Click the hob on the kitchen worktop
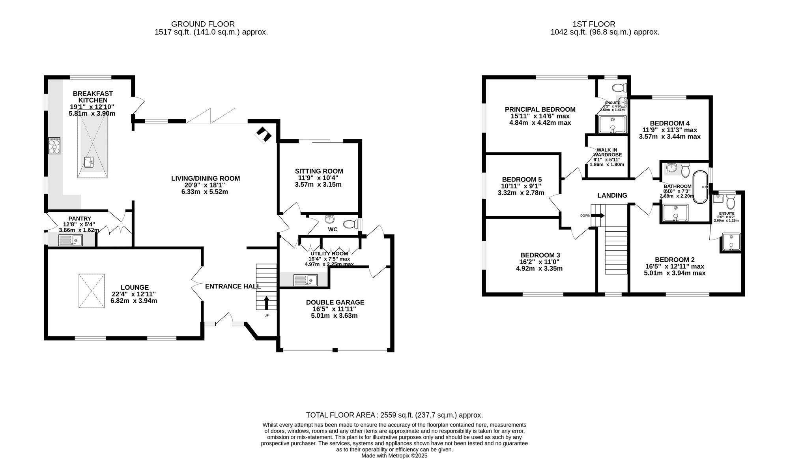point(54,145)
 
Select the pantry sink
point(71,240)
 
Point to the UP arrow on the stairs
point(266,303)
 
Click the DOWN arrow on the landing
point(598,215)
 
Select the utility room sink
point(306,280)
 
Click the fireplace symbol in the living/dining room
point(263,135)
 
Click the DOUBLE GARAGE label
point(335,302)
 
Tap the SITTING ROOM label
point(319,171)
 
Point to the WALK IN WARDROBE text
point(607,152)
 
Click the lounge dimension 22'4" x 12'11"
point(134,294)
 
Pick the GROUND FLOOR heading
point(203,24)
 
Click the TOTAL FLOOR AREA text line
point(394,415)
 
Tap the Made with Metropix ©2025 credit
point(394,455)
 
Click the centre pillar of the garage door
point(335,350)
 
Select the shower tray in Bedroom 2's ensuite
point(731,242)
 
